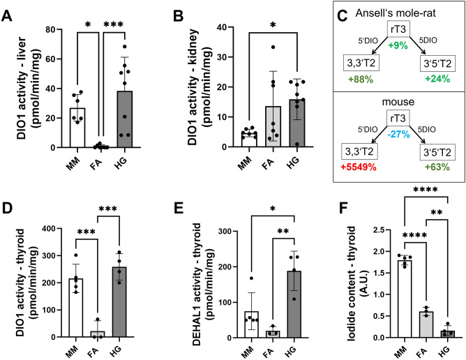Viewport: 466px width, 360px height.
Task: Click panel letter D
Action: (8, 190)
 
